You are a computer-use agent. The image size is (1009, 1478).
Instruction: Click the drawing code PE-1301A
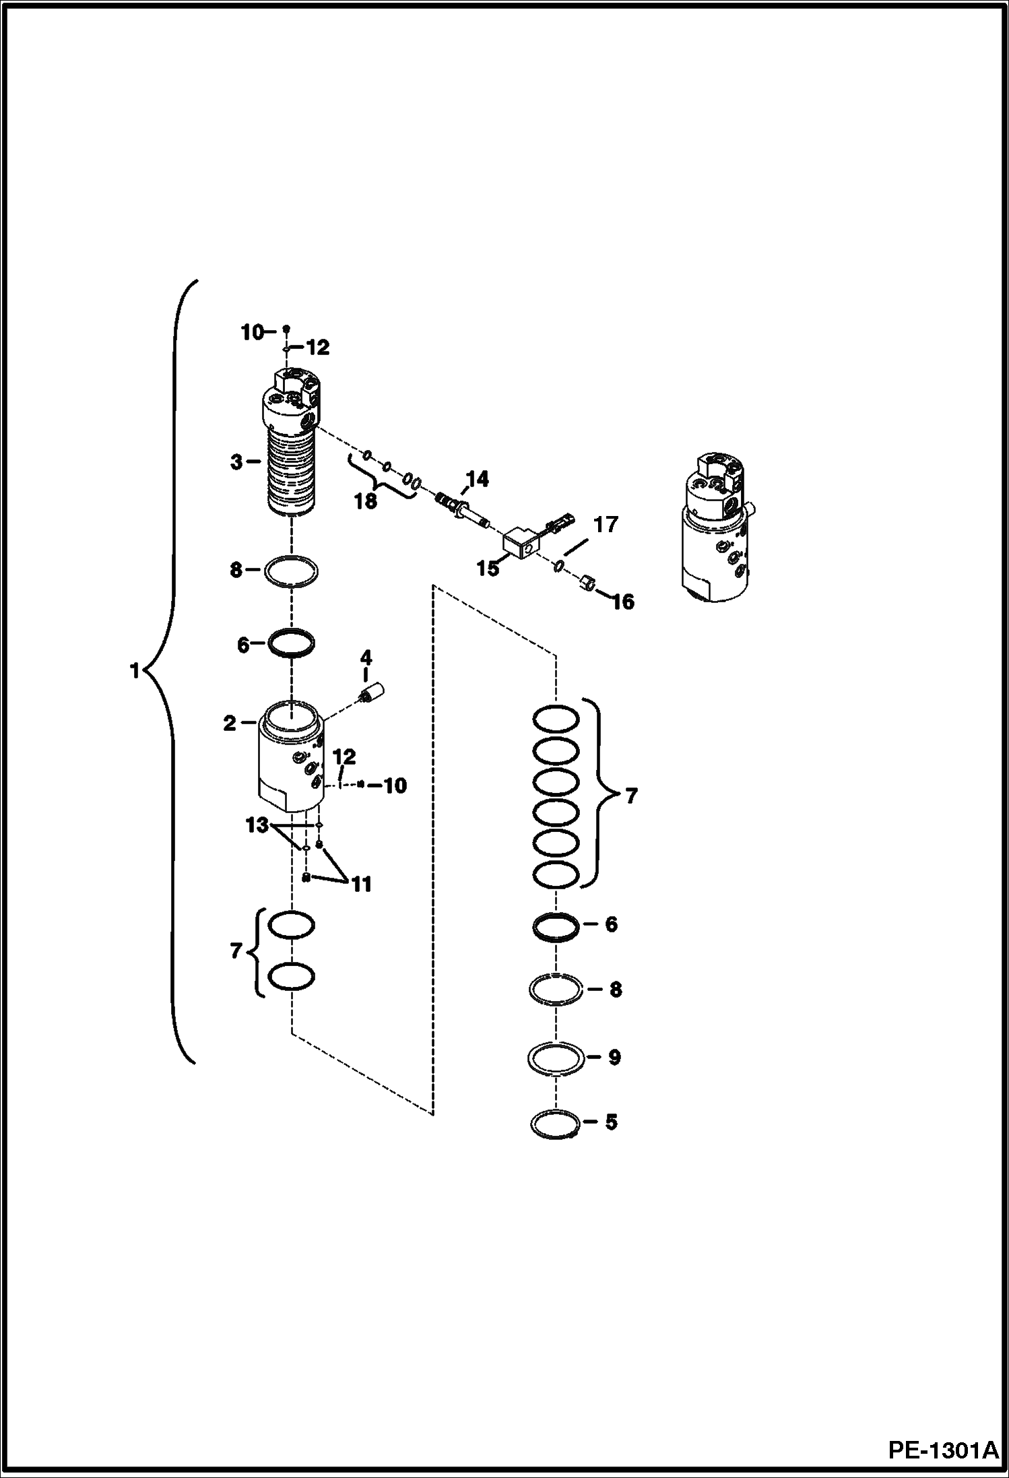click(943, 1448)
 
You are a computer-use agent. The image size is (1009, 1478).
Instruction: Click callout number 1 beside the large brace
click(135, 672)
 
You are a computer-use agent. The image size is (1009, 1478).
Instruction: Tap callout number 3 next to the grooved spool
click(236, 463)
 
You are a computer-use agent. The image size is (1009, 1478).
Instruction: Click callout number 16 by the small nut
click(623, 602)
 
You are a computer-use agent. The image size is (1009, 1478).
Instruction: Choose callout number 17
click(605, 524)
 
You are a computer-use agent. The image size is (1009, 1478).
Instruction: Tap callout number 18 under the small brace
click(366, 502)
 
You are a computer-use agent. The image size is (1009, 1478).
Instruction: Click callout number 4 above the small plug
click(366, 657)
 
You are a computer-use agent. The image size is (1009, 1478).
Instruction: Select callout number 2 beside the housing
click(230, 724)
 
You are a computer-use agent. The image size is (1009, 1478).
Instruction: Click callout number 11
click(362, 884)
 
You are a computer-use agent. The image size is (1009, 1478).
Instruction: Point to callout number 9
click(614, 1057)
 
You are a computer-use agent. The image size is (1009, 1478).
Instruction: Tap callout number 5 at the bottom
click(611, 1122)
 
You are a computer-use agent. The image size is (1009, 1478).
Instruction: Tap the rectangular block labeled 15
click(519, 542)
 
